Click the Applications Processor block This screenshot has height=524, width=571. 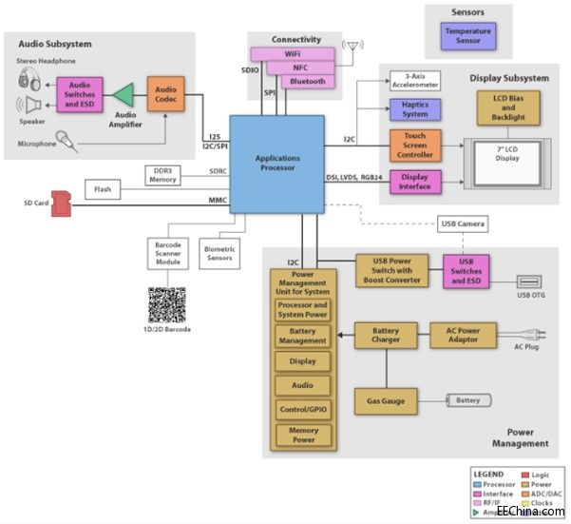pos(276,165)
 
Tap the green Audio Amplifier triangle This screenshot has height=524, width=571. pos(124,95)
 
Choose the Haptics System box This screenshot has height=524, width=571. pos(415,110)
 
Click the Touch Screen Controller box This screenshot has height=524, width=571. pos(415,146)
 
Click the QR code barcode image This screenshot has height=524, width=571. pos(169,305)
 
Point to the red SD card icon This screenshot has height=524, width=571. pos(63,202)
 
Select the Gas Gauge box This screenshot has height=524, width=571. pos(386,401)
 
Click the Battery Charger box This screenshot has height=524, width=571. pos(386,335)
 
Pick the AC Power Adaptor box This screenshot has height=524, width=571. pos(463,335)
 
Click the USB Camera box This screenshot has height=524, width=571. pos(463,224)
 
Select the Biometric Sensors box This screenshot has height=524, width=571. pos(219,251)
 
